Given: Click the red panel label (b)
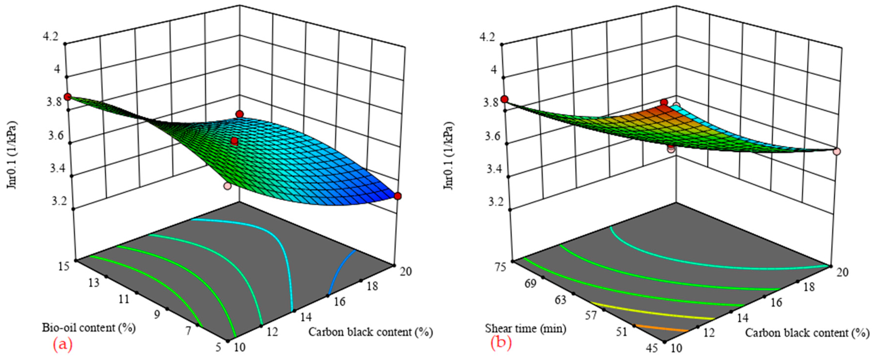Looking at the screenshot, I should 501,343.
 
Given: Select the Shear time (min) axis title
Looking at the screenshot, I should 526,329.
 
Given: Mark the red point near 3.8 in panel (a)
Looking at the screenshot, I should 68,97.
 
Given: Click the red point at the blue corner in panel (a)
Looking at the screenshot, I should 398,196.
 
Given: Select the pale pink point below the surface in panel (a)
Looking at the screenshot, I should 227,186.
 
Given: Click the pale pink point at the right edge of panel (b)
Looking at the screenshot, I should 837,151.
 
